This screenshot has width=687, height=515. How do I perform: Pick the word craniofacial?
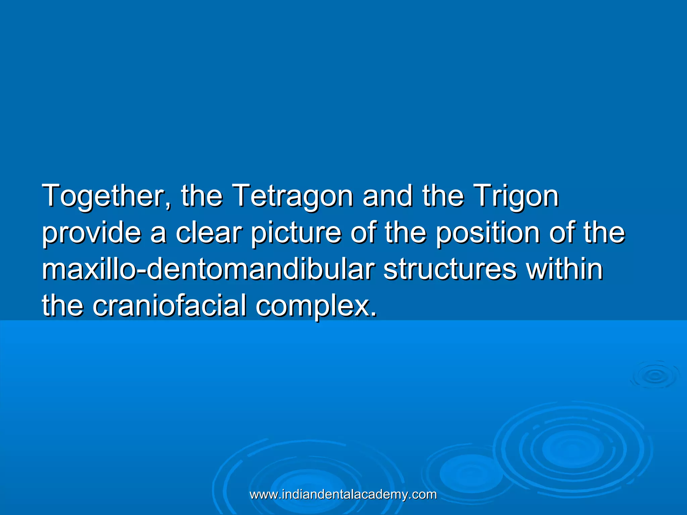tap(169, 306)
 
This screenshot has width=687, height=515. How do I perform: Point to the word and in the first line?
tap(387, 196)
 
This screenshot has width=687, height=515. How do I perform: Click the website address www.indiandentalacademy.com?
tap(343, 495)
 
